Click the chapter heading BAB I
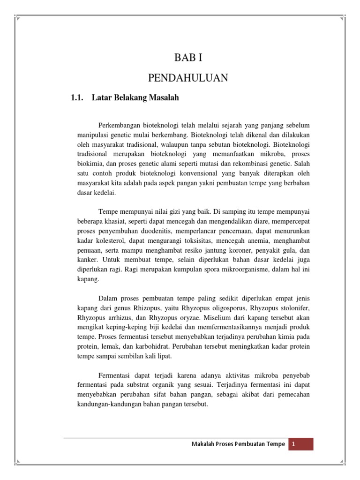click(188, 59)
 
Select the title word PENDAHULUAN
click(188, 78)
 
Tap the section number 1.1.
click(76, 98)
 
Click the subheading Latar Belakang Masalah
click(135, 98)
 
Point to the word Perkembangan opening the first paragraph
click(121, 126)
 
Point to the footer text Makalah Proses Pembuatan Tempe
click(238, 444)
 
